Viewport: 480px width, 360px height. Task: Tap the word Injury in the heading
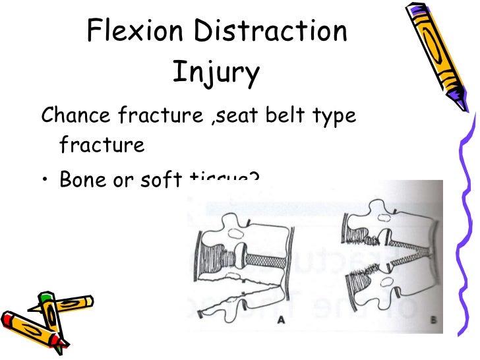coord(216,73)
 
